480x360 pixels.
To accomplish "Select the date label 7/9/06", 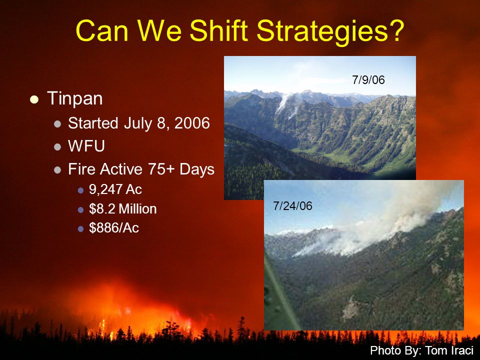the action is click(x=368, y=80).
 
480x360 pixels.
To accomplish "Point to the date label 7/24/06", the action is click(x=292, y=205).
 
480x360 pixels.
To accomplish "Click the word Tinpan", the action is click(x=75, y=98).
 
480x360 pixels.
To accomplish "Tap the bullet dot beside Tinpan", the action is click(x=34, y=99).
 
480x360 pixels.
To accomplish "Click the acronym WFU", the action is click(x=86, y=145).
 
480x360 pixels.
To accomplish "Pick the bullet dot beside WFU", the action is click(x=57, y=147).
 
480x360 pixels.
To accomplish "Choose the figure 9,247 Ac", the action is click(x=115, y=189).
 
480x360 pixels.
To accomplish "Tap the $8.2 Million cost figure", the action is click(x=123, y=209).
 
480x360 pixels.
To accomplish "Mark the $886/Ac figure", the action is click(x=114, y=228).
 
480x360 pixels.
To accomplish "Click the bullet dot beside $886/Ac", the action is click(x=81, y=229).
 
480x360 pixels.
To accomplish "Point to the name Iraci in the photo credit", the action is click(x=462, y=350).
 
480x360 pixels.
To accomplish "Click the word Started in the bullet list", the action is click(x=93, y=123).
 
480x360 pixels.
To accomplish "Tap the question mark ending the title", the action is click(x=396, y=30).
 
